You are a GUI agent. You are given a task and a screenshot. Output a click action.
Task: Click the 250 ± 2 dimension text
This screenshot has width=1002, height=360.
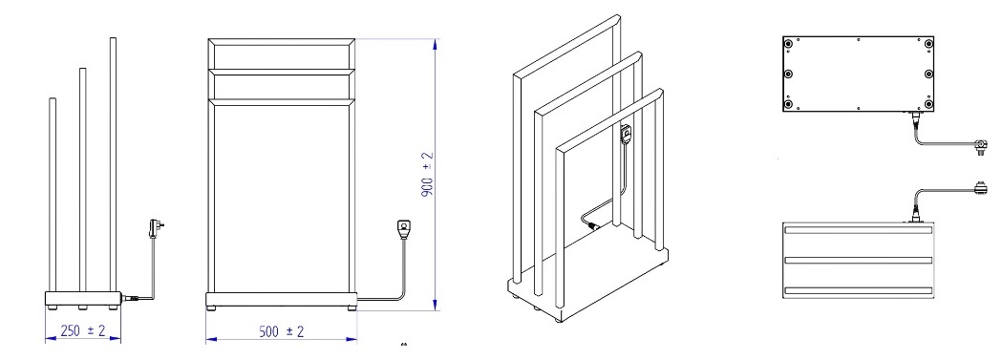83,330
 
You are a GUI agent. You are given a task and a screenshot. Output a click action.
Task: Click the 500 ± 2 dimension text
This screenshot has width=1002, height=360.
281,331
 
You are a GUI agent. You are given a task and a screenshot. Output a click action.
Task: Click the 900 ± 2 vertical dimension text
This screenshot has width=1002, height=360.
428,173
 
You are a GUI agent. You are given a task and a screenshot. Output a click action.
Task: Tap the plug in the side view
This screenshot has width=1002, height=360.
153,228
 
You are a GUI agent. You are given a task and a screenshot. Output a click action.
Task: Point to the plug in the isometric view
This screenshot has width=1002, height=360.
626,136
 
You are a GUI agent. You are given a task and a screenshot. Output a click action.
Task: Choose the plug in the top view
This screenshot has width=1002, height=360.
980,188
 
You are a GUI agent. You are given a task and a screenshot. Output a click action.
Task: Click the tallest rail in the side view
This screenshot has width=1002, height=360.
113,164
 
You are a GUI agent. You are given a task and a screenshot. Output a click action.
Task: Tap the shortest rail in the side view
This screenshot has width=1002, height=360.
53,195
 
